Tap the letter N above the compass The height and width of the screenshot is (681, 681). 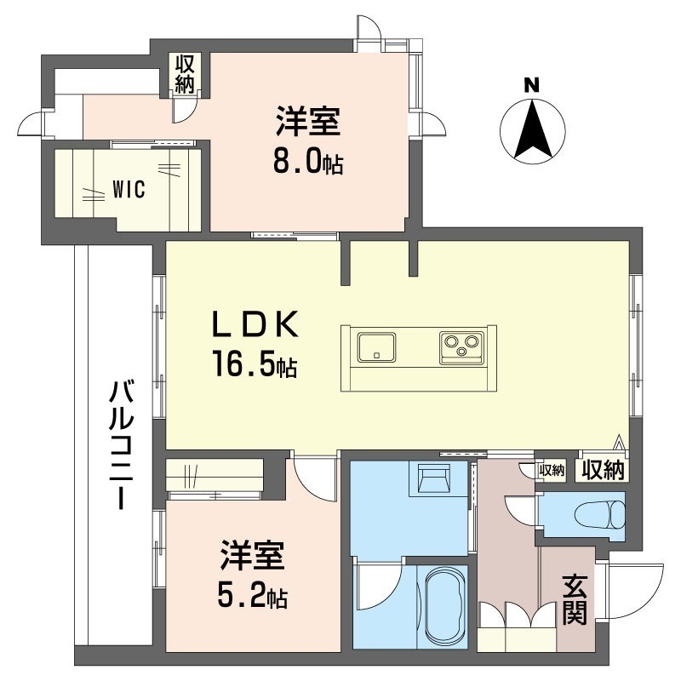(531, 84)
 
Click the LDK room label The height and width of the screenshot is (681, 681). (255, 324)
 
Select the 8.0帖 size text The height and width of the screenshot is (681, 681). (307, 163)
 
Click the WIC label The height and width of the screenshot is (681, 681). (129, 190)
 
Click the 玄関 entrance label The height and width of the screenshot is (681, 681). (575, 600)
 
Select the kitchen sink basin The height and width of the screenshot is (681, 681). (375, 347)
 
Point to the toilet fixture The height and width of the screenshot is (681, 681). (596, 515)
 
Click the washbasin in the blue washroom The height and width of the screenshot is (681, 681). (432, 482)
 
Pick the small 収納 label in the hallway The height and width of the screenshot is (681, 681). (552, 469)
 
